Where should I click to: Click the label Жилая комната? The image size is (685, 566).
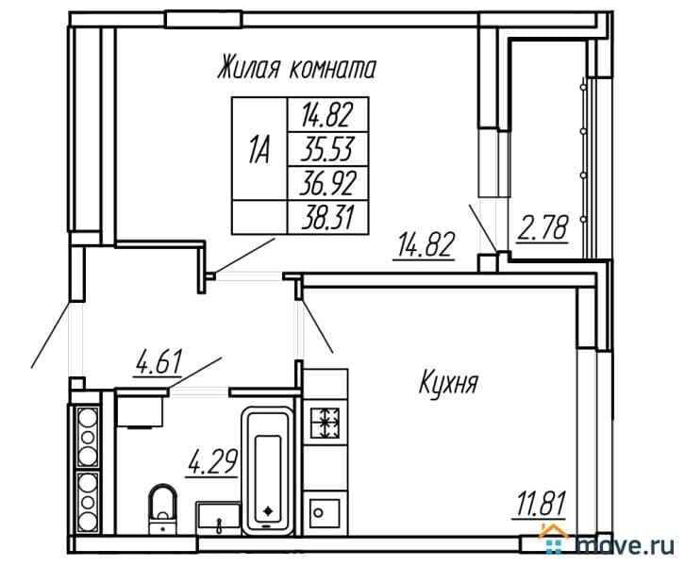click(x=296, y=68)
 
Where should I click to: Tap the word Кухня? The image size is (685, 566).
click(x=449, y=384)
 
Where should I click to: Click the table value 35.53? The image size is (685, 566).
click(x=326, y=149)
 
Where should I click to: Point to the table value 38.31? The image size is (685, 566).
click(x=326, y=215)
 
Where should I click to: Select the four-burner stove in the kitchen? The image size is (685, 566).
click(x=326, y=423)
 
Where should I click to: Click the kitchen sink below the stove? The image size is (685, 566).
click(x=326, y=513)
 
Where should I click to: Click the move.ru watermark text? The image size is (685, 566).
click(x=628, y=544)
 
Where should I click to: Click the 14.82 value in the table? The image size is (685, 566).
click(x=326, y=116)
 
